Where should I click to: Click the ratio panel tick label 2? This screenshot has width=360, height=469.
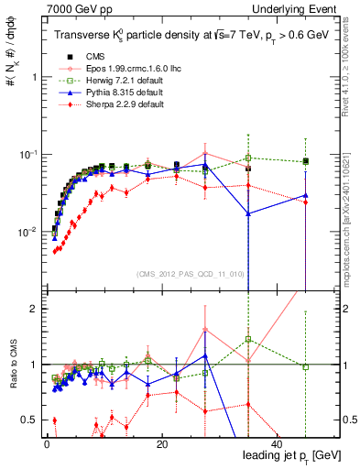pos(33,309)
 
